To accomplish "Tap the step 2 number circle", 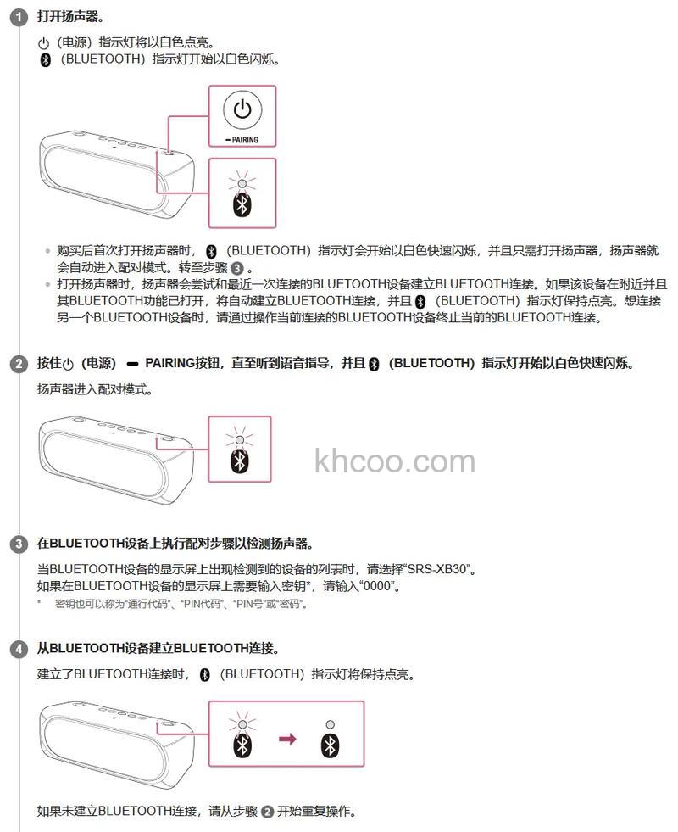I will tap(19, 365).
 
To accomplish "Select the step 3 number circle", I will tap(19, 544).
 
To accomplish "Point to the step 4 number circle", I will tap(19, 649).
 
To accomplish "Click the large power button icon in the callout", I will tap(242, 110).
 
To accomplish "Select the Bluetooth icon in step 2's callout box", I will tap(241, 461).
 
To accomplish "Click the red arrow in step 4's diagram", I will tap(288, 740).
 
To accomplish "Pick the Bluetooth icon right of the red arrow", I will tap(330, 745).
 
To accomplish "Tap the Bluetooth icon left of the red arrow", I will tap(243, 745).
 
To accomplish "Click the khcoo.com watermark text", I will tap(394, 462).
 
